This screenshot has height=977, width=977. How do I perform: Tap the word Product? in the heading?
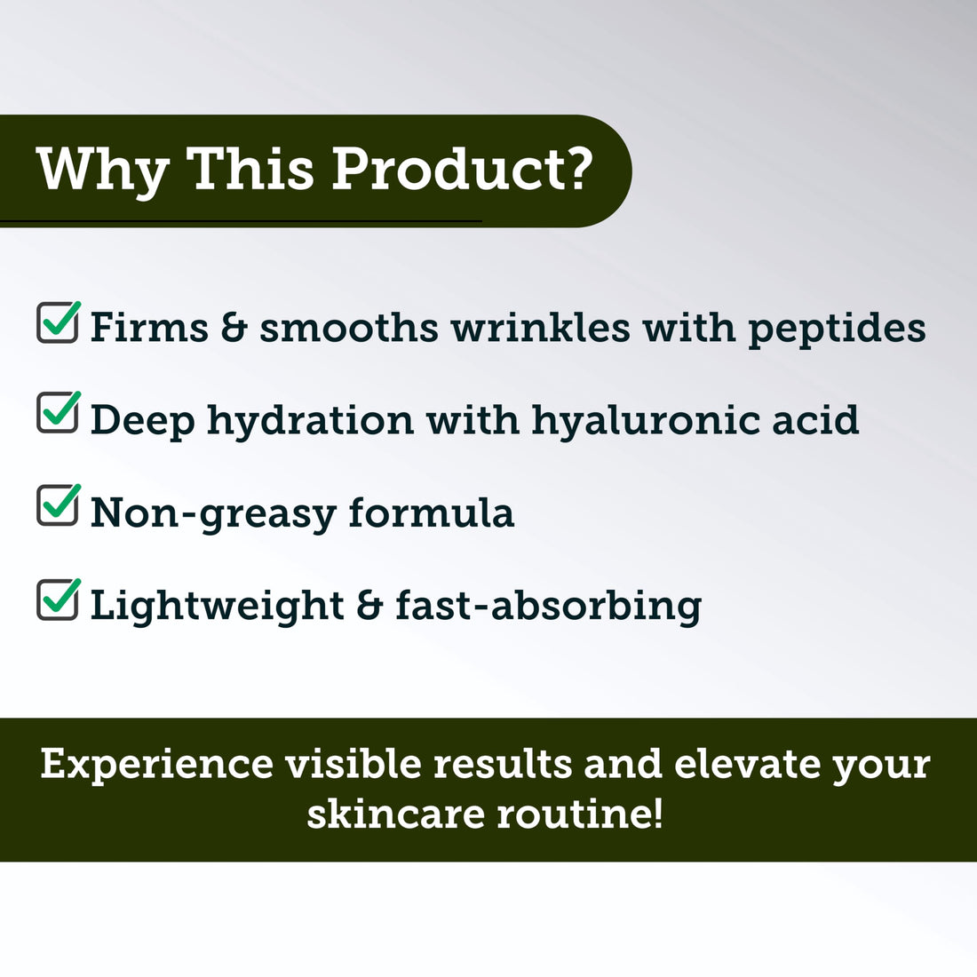pyautogui.click(x=462, y=168)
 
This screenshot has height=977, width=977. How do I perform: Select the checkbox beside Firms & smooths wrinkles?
pyautogui.click(x=58, y=322)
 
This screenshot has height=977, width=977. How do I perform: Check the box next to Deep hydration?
pyautogui.click(x=58, y=414)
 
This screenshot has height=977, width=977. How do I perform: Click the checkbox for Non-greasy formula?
pyautogui.click(x=58, y=506)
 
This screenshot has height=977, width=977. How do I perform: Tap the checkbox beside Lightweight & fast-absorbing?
pyautogui.click(x=58, y=600)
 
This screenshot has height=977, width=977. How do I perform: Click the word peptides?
pyautogui.click(x=837, y=329)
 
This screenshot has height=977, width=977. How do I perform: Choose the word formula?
pyautogui.click(x=432, y=512)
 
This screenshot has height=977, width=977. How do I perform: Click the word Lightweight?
pyautogui.click(x=217, y=607)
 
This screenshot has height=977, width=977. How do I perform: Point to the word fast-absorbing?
pyautogui.click(x=548, y=607)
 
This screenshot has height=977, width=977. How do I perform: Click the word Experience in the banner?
pyautogui.click(x=157, y=765)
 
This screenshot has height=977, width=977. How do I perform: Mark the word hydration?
pyautogui.click(x=310, y=421)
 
